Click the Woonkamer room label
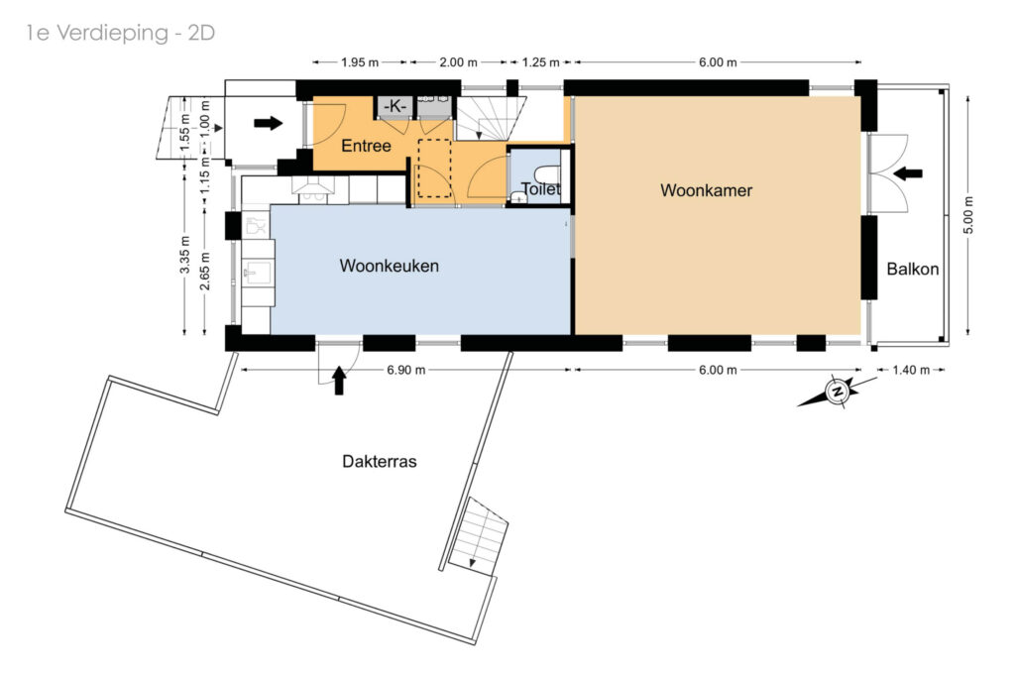[706, 190]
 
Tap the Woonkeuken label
[389, 266]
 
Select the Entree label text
[367, 146]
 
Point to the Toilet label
[540, 189]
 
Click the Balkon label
[913, 270]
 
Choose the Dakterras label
[380, 462]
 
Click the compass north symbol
[838, 393]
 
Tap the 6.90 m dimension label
[405, 370]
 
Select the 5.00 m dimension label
[968, 215]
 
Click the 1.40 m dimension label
[911, 370]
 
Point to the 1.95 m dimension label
[360, 62]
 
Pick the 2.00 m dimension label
[458, 62]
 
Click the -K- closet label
[395, 105]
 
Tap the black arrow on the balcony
[908, 173]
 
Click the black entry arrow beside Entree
[268, 122]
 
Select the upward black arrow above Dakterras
[339, 380]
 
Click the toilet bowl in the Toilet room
[547, 174]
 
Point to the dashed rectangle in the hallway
[434, 169]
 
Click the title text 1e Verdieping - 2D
[120, 33]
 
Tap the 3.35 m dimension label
[185, 253]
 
